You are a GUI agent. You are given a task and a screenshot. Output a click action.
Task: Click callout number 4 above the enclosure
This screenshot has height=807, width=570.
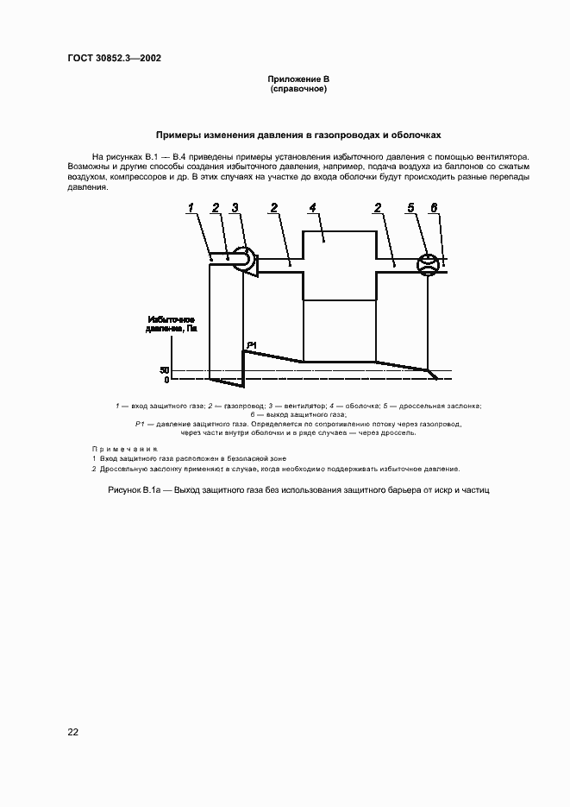(313, 207)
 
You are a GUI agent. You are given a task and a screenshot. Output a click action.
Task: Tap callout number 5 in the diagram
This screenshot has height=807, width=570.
(411, 207)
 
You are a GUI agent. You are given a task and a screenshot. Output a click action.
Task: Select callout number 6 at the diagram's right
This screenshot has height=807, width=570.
(434, 207)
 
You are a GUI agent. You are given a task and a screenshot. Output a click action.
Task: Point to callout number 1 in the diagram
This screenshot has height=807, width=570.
(191, 207)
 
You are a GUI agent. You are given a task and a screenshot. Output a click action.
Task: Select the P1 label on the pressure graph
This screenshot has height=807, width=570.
(251, 345)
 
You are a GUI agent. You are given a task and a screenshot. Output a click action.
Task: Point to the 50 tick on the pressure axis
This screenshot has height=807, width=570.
(165, 371)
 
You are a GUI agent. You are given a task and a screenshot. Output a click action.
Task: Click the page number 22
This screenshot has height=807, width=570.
(73, 732)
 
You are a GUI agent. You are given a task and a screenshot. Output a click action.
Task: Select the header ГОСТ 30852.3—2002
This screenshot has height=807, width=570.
(114, 59)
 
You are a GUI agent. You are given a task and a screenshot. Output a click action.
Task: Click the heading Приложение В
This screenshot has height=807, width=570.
(298, 80)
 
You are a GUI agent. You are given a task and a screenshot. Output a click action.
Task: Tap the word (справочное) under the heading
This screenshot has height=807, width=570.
(298, 89)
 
